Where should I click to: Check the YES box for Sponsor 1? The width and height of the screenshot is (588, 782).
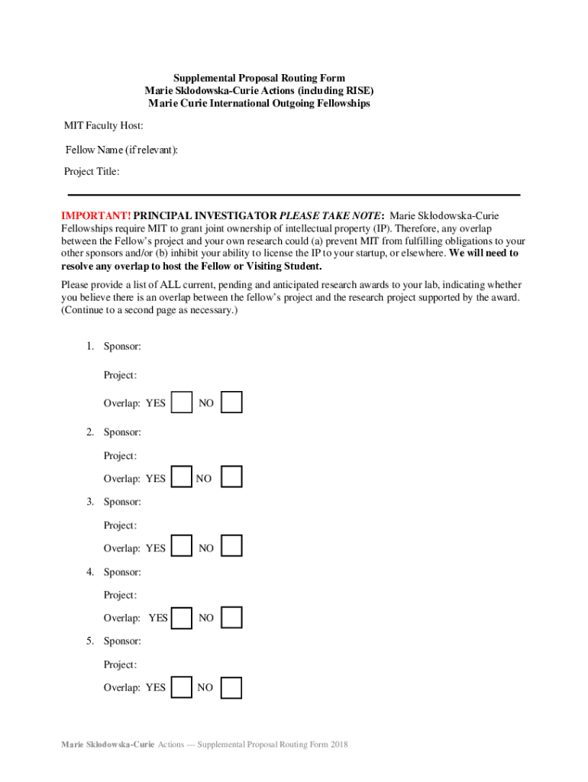point(182,402)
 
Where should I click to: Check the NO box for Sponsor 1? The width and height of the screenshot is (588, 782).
point(231,402)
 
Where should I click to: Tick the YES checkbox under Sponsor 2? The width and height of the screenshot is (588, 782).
point(182,478)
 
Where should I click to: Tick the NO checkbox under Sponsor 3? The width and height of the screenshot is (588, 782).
point(231,547)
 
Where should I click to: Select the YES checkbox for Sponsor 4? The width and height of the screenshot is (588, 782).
point(182,617)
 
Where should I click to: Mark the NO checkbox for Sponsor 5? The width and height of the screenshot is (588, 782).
point(231,687)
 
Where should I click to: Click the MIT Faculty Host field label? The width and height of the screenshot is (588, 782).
point(103,125)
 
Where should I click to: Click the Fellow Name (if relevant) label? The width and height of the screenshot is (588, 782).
point(121,150)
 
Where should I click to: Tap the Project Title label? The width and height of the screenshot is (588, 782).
point(92,172)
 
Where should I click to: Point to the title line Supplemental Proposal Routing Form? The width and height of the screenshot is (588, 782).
point(259,78)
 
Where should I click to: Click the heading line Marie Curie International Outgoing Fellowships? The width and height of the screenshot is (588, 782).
point(259,103)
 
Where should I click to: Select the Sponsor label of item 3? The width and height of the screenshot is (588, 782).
point(122,502)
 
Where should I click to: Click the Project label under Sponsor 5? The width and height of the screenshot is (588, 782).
point(120,664)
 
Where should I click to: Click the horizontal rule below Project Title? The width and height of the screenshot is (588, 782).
point(294,195)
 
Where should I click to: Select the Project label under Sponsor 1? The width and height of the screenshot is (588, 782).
point(120,375)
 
